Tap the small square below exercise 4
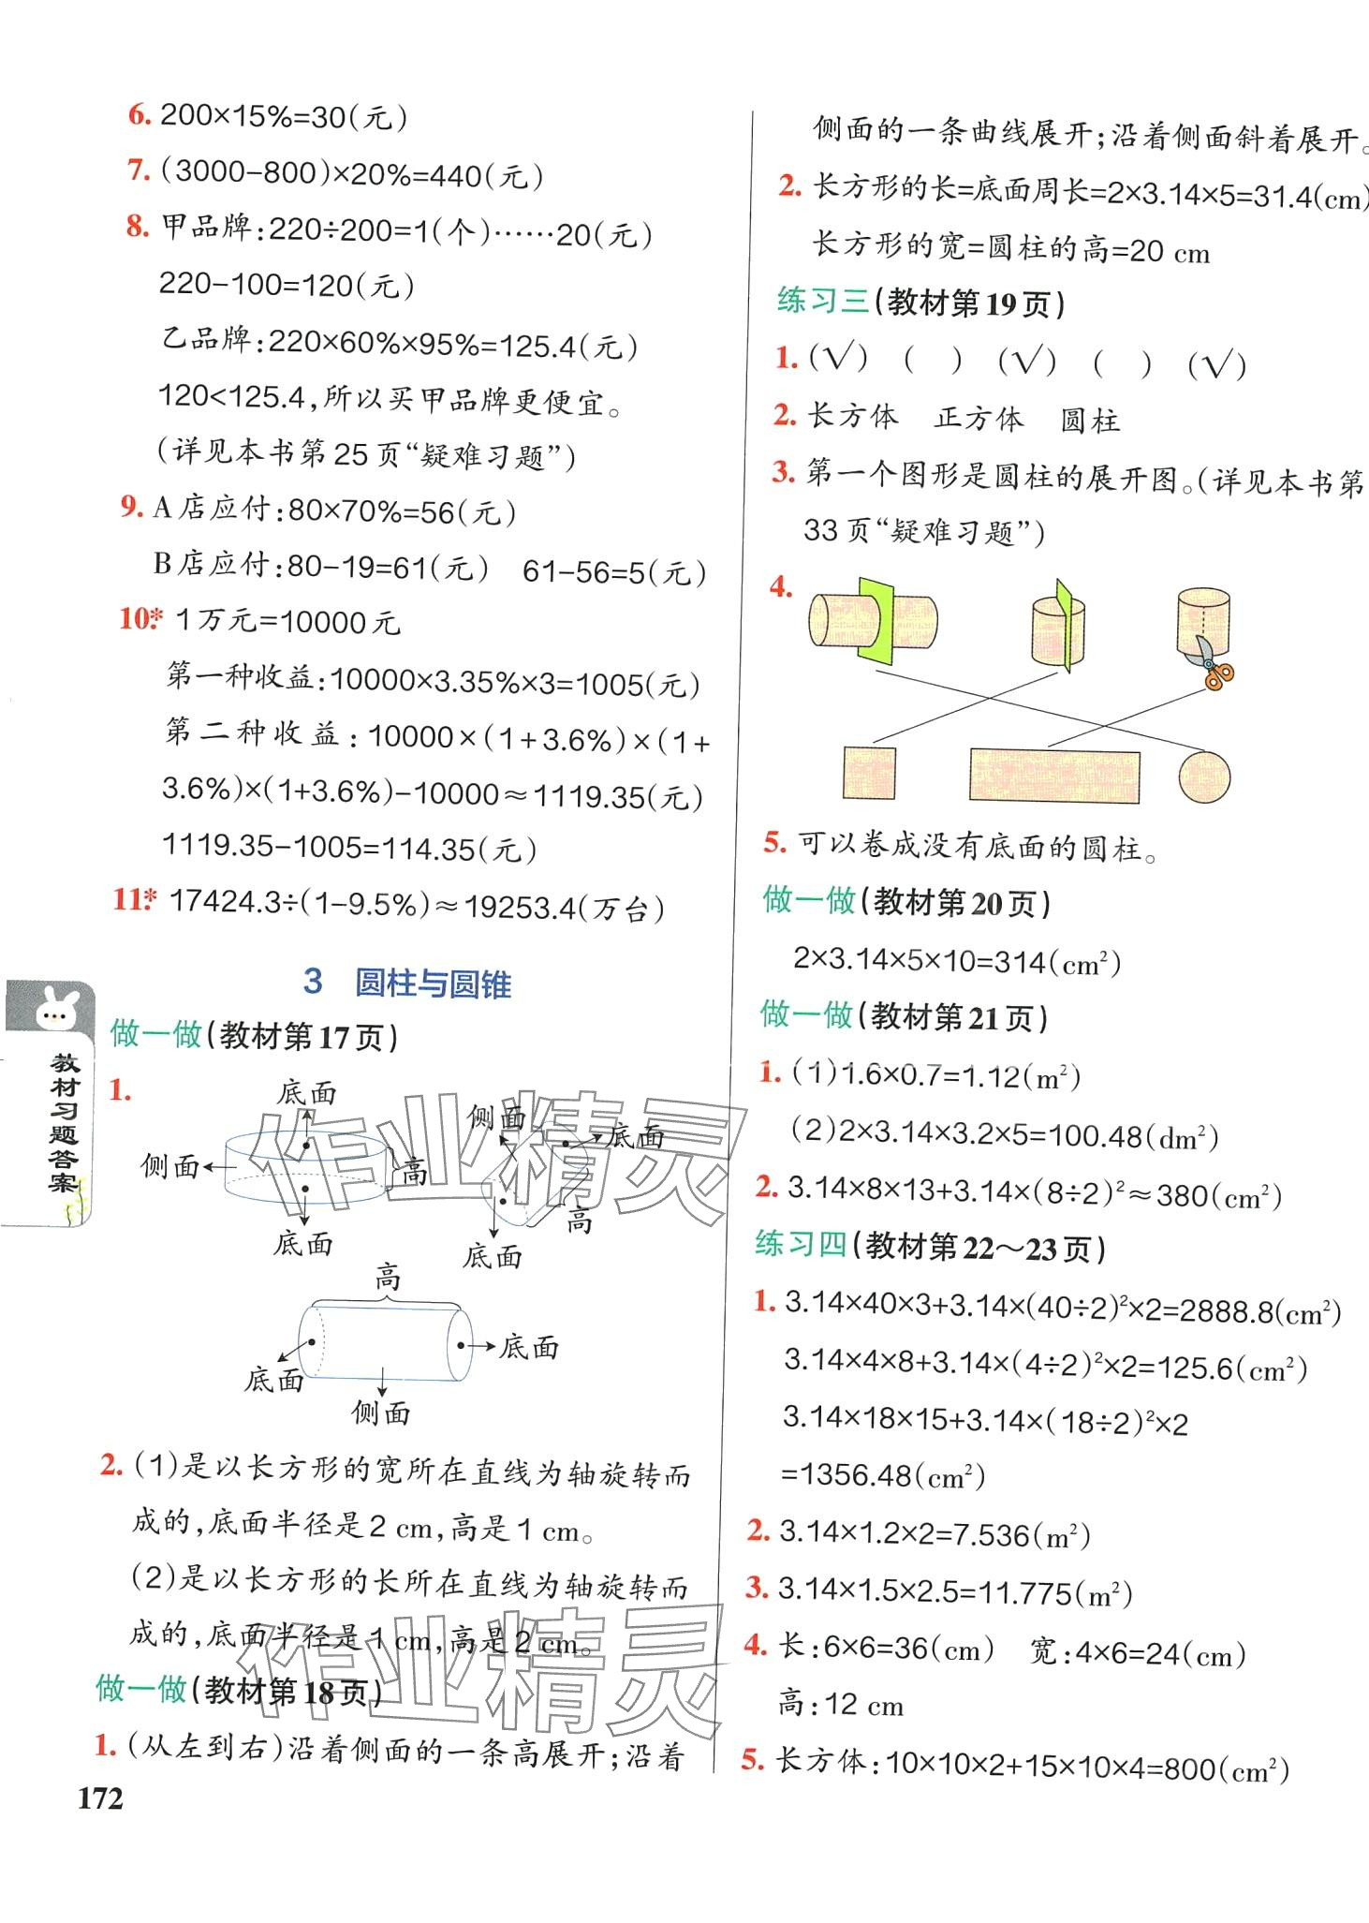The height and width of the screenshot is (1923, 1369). pos(868,773)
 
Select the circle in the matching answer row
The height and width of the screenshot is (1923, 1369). pos(1203,777)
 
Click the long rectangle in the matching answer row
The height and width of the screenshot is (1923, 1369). pos(1054,776)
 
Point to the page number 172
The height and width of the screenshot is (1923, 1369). pos(100,1798)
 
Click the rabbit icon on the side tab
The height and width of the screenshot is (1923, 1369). pos(52,1013)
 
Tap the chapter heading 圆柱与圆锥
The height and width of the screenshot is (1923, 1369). pos(433,984)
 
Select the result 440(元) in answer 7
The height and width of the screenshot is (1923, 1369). pos(486,175)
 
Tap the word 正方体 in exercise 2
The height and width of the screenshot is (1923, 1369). pos(979,418)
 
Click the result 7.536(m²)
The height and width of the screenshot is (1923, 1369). pos(1015,1534)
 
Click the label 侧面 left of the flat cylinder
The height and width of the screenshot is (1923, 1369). pos(169,1166)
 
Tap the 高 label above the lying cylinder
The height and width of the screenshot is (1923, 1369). pos(388,1276)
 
